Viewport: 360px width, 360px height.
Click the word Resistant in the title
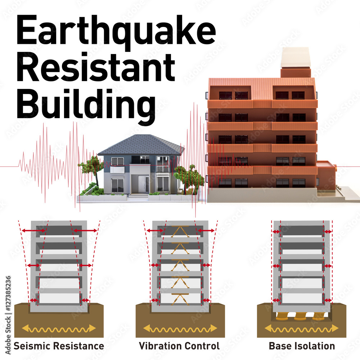[96, 67]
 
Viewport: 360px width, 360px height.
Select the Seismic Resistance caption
[59, 346]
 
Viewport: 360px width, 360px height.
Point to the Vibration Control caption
[179, 346]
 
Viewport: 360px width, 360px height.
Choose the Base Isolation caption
[302, 346]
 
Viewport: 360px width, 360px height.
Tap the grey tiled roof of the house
[141, 145]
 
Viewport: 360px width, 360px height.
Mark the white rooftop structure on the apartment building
[296, 57]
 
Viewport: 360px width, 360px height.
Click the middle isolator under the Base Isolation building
[300, 316]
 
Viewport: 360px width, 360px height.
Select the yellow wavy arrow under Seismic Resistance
[59, 329]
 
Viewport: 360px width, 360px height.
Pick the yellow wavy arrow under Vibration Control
[180, 329]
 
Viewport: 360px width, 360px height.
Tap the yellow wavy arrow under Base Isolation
[301, 329]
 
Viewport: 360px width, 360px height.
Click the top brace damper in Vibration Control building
[180, 231]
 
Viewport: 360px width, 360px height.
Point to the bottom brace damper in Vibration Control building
[180, 300]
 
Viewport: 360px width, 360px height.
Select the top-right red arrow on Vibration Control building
[206, 230]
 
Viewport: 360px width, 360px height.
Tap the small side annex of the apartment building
[326, 176]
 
